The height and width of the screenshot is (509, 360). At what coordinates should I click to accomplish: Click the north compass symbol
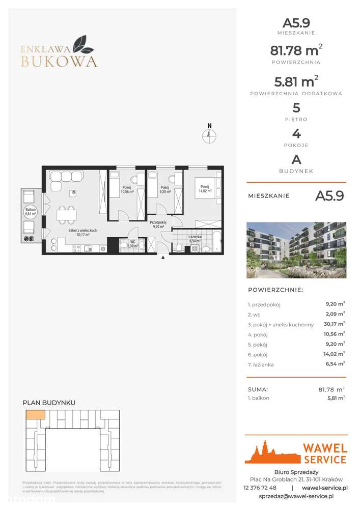pos(209,135)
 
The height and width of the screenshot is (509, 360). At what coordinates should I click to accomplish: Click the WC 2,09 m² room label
pos(132,244)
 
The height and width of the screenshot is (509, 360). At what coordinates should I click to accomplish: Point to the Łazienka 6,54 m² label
pos(197,238)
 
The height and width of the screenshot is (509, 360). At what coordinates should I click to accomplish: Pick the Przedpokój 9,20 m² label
pos(158,224)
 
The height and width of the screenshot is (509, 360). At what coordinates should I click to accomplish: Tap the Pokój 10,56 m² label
pos(127,190)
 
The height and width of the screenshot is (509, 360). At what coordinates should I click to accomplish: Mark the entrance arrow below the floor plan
pos(163,258)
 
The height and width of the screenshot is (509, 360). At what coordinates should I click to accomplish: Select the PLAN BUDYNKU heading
pos(49,403)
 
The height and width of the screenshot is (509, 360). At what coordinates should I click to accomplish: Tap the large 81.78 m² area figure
pos(295,51)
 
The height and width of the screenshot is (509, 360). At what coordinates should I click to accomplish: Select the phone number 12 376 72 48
pos(260,487)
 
